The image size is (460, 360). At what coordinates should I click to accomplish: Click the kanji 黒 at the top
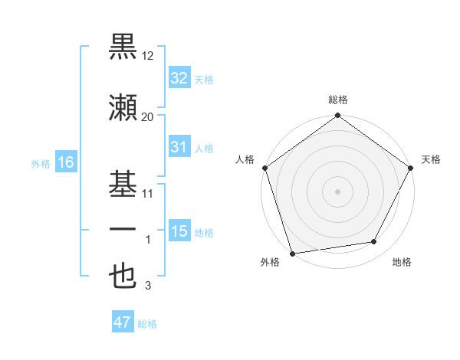coord(123,47)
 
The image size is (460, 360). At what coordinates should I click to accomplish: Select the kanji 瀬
coord(123,109)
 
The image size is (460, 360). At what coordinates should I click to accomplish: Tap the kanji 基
coord(123,184)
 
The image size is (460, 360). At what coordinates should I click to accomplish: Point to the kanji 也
coord(123,276)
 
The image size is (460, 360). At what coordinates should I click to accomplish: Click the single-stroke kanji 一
coord(123,230)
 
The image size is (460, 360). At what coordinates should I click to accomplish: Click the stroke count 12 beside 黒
coord(148,57)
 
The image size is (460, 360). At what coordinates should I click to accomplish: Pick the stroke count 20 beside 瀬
coord(148,117)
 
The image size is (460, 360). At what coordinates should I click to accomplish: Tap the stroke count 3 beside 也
coord(148,286)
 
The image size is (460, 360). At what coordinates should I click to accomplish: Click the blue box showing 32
coord(179,77)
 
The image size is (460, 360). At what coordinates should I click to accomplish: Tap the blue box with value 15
coord(179,231)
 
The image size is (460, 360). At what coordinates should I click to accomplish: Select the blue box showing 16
coord(65,162)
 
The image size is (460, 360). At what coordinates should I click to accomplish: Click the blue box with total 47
coord(122,322)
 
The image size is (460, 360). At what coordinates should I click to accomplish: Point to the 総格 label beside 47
coord(148,324)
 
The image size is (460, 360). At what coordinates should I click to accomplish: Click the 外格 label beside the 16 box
coord(40,163)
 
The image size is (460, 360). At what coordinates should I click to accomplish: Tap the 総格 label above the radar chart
coord(338,100)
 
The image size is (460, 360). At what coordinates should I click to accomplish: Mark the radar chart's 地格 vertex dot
coord(374,242)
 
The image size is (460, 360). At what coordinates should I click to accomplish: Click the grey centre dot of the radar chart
coord(338,191)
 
